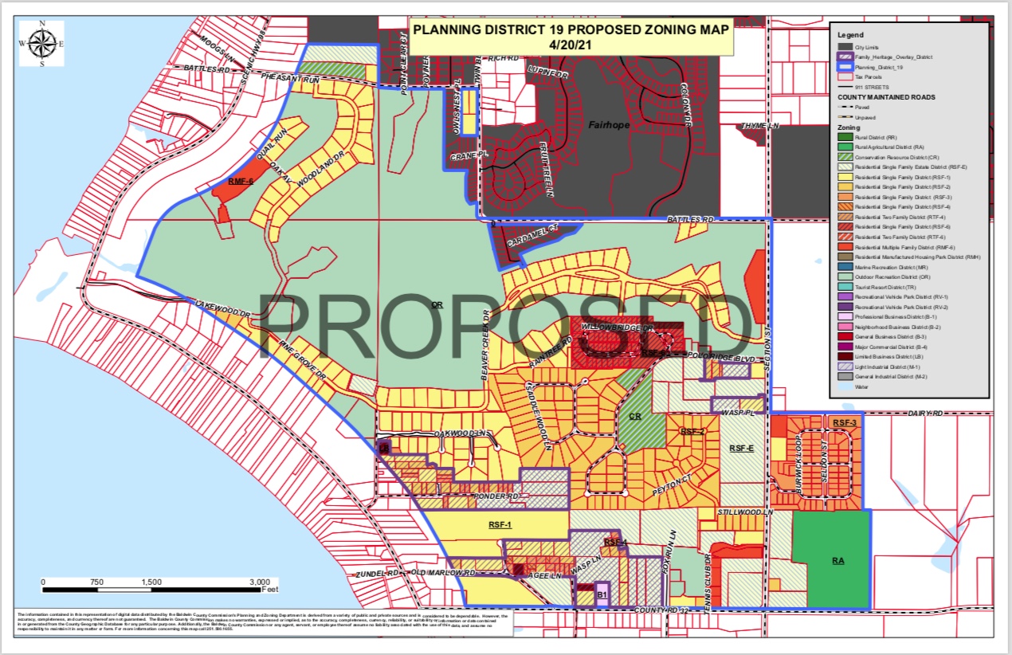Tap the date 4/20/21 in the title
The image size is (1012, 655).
(x=571, y=45)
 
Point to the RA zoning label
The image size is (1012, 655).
(x=838, y=561)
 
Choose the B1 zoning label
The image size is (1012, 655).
(x=602, y=594)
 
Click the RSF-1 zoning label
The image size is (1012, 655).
(x=500, y=525)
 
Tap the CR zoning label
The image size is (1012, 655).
(x=635, y=417)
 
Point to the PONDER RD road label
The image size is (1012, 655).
(x=497, y=496)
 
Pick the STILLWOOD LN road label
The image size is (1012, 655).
(x=745, y=511)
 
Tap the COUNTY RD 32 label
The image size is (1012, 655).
(x=674, y=610)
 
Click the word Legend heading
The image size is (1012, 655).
(x=850, y=34)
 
